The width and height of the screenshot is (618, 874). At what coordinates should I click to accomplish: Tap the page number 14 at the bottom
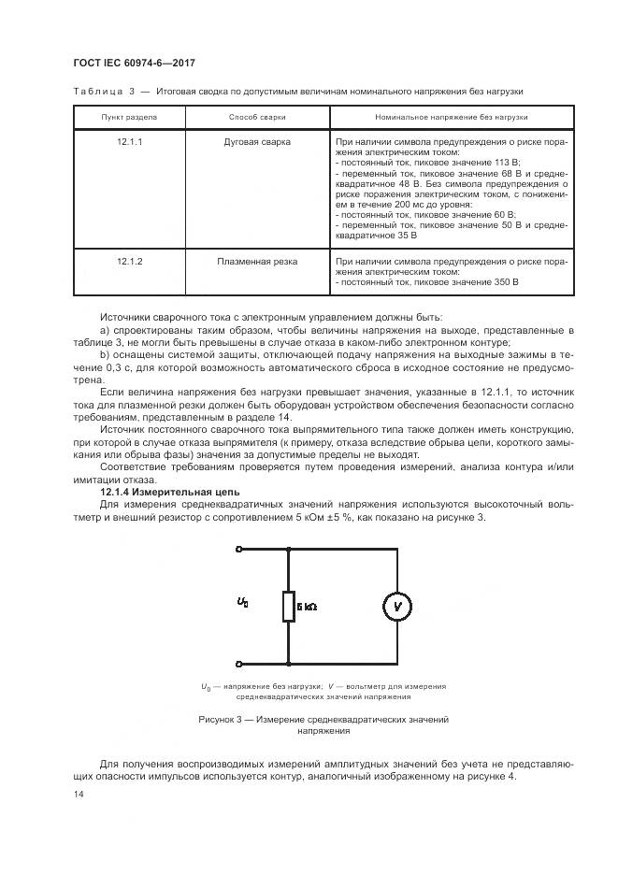(x=78, y=794)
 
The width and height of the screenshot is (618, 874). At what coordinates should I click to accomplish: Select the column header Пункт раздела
(x=130, y=118)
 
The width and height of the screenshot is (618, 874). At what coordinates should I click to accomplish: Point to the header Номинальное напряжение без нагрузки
(x=452, y=118)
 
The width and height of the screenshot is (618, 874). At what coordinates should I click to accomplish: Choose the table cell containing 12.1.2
(x=130, y=262)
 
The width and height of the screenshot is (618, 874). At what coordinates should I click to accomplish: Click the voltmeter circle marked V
(x=396, y=605)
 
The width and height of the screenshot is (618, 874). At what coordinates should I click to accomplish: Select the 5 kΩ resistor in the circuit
(x=288, y=606)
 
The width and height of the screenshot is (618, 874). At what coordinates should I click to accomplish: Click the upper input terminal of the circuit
(x=241, y=551)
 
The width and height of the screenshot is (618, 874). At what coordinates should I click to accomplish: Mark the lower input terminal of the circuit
(x=241, y=661)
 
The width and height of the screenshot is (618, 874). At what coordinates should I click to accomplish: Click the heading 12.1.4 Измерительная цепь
(x=170, y=491)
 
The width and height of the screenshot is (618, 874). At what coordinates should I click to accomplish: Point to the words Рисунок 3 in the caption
(x=222, y=719)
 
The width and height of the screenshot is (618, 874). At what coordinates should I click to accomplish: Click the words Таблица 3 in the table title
(x=105, y=92)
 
